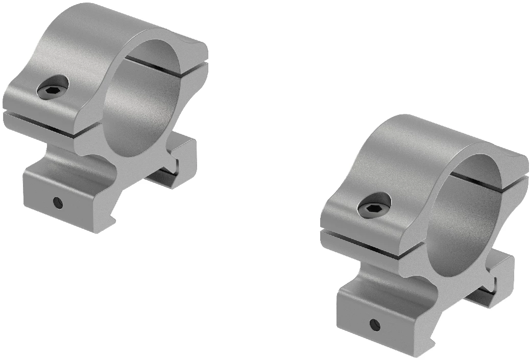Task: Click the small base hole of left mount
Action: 59,203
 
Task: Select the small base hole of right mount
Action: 375,324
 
